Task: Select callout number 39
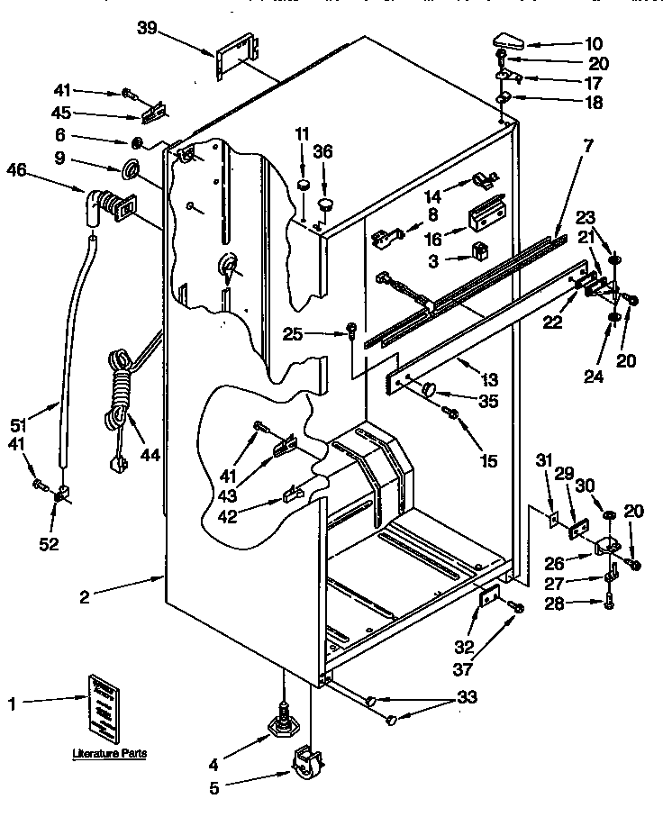148,30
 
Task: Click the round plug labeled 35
429,389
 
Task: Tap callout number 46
15,168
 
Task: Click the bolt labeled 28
609,602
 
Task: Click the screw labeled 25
352,332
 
